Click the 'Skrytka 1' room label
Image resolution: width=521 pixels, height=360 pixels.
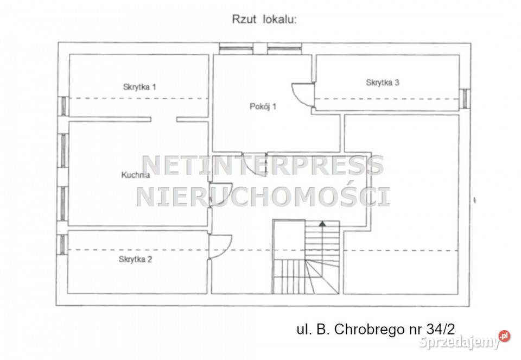click(139, 87)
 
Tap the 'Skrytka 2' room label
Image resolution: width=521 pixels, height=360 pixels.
click(135, 260)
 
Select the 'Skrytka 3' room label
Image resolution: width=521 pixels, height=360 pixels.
click(383, 83)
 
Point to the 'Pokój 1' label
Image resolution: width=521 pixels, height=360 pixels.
click(263, 106)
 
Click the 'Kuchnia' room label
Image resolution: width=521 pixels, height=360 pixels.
click(136, 175)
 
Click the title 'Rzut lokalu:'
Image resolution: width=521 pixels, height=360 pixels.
click(264, 20)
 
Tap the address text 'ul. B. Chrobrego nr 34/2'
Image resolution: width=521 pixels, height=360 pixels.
click(376, 330)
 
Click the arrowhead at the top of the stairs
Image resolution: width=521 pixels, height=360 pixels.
click(322, 224)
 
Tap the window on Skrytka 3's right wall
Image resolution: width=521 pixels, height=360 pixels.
click(465, 98)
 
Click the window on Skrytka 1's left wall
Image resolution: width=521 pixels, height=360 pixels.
click(63, 106)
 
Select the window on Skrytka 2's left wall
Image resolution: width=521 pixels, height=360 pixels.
click(62, 245)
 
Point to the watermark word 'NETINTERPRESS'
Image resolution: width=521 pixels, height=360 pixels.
click(263, 166)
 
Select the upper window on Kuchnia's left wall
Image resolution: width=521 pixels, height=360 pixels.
click(63, 150)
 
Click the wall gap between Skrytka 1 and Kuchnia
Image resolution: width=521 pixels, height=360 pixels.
click(163, 119)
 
